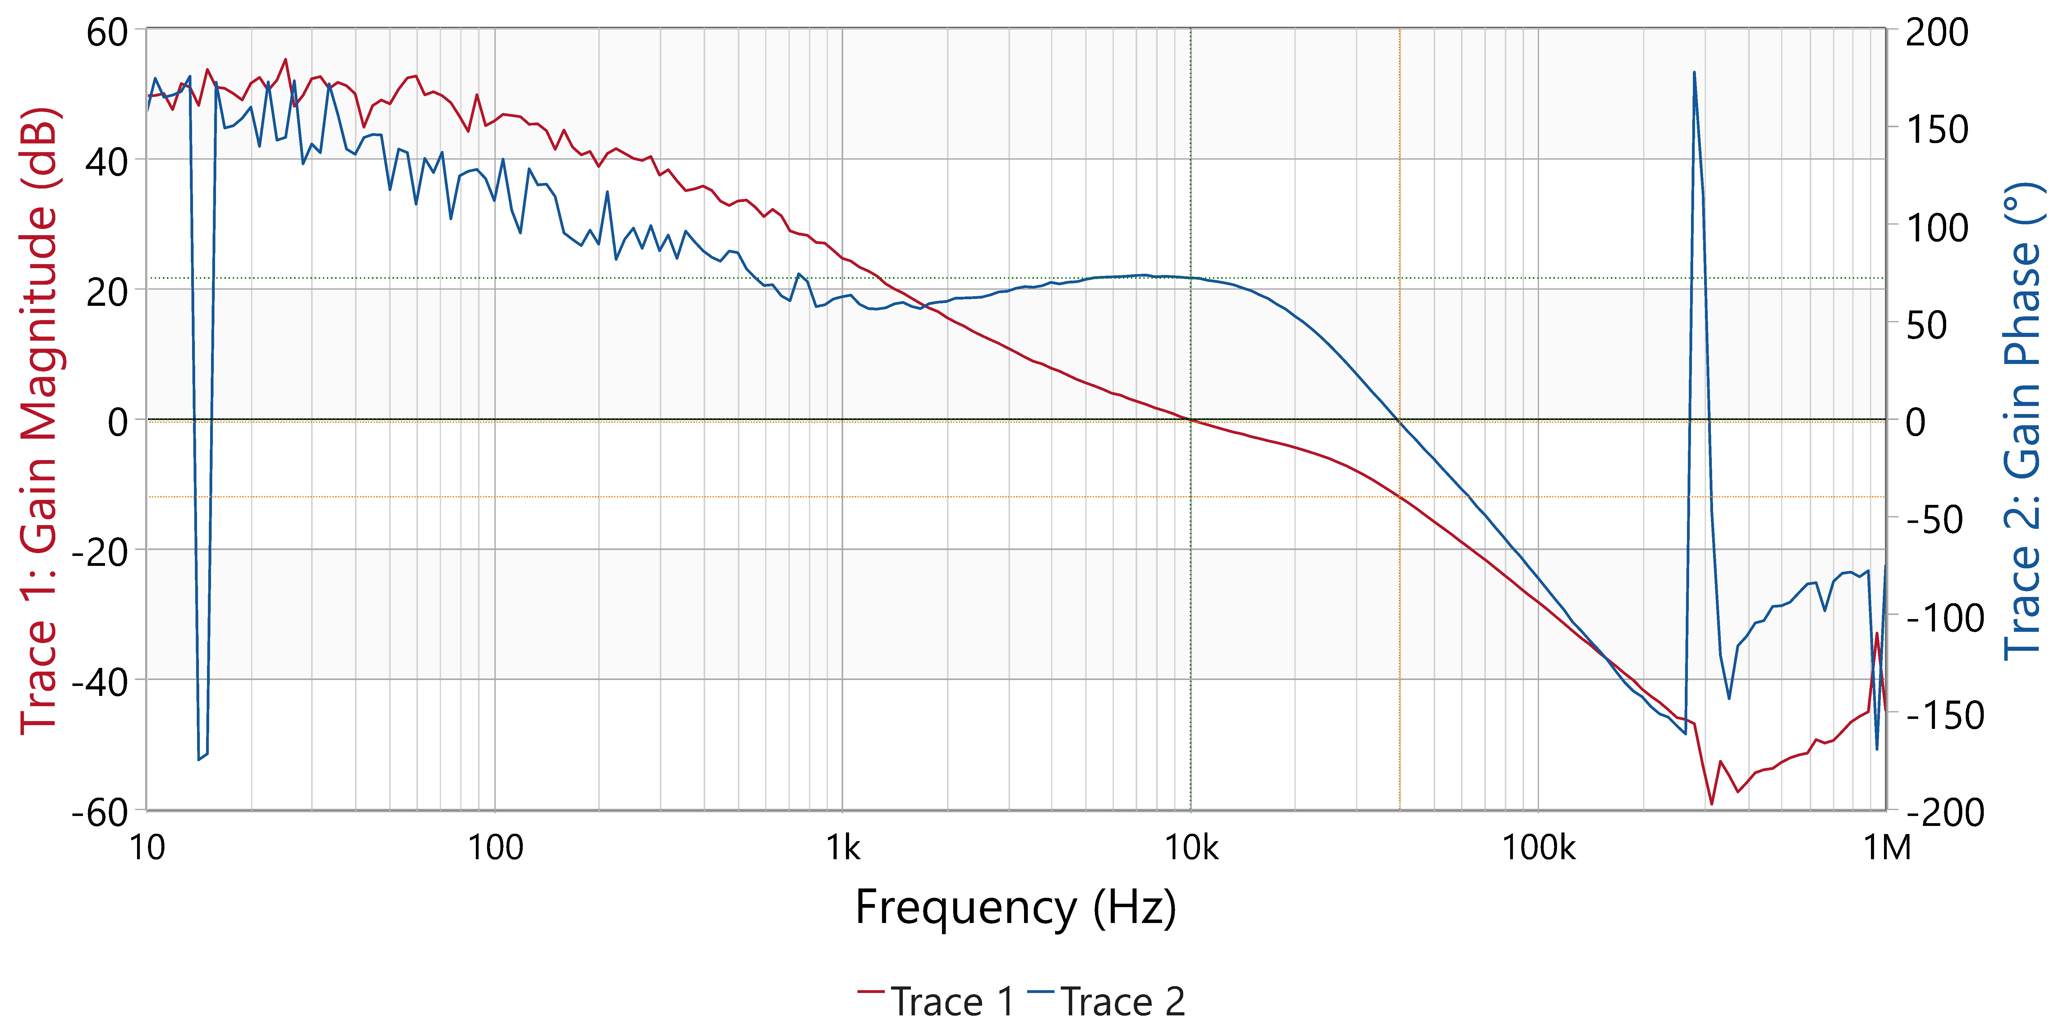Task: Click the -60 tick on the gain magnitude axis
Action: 100,812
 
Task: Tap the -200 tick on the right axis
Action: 1946,812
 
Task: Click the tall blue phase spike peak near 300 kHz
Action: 1693,72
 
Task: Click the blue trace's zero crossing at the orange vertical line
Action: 1399,421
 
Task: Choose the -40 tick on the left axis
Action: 100,682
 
